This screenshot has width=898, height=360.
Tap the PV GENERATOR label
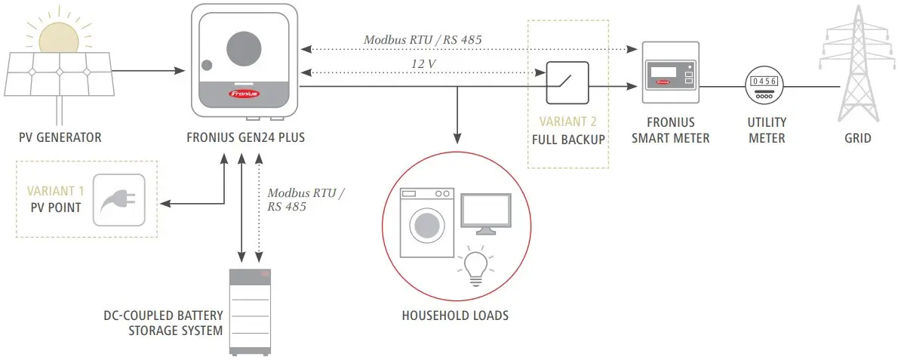(x=60, y=138)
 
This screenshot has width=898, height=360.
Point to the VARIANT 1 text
(x=54, y=192)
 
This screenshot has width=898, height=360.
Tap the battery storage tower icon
(x=249, y=309)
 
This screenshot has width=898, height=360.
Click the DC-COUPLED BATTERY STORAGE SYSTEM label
(x=164, y=322)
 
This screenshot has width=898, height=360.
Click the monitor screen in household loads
(x=486, y=213)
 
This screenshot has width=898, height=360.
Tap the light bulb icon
(x=475, y=266)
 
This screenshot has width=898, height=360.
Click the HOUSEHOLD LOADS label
(x=455, y=315)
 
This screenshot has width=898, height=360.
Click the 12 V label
(x=423, y=64)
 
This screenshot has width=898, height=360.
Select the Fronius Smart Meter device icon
(x=669, y=73)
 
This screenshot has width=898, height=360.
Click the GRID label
(x=857, y=138)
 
